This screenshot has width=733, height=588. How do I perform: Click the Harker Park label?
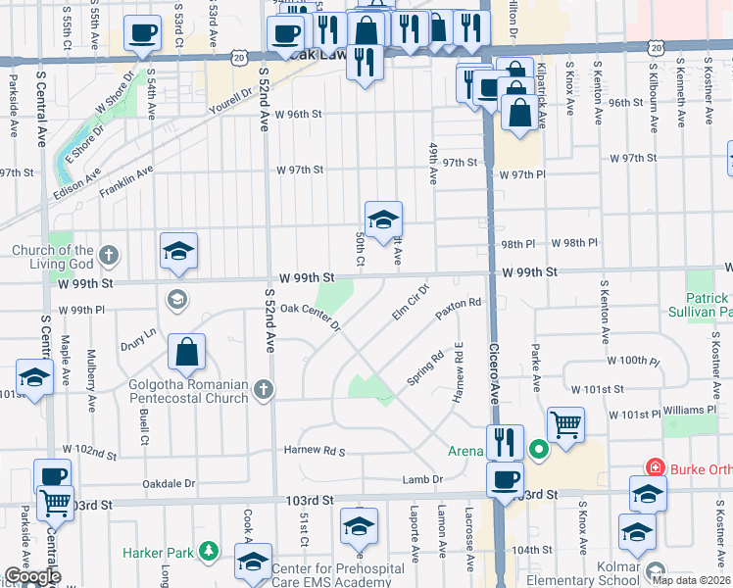coord(159,552)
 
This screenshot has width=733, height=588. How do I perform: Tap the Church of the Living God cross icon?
coord(109,256)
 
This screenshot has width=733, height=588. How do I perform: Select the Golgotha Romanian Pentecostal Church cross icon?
coord(262,390)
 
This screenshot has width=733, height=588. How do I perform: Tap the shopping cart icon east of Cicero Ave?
coord(565,424)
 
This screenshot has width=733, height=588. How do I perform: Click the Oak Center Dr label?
coord(310,317)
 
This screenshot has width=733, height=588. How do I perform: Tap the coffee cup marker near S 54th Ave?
coord(143,34)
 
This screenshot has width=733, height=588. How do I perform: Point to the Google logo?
coord(31,576)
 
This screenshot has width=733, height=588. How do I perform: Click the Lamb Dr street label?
coord(423,479)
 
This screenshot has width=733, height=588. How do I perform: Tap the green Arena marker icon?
coord(538,451)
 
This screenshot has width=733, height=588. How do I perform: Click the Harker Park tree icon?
coord(208,552)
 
